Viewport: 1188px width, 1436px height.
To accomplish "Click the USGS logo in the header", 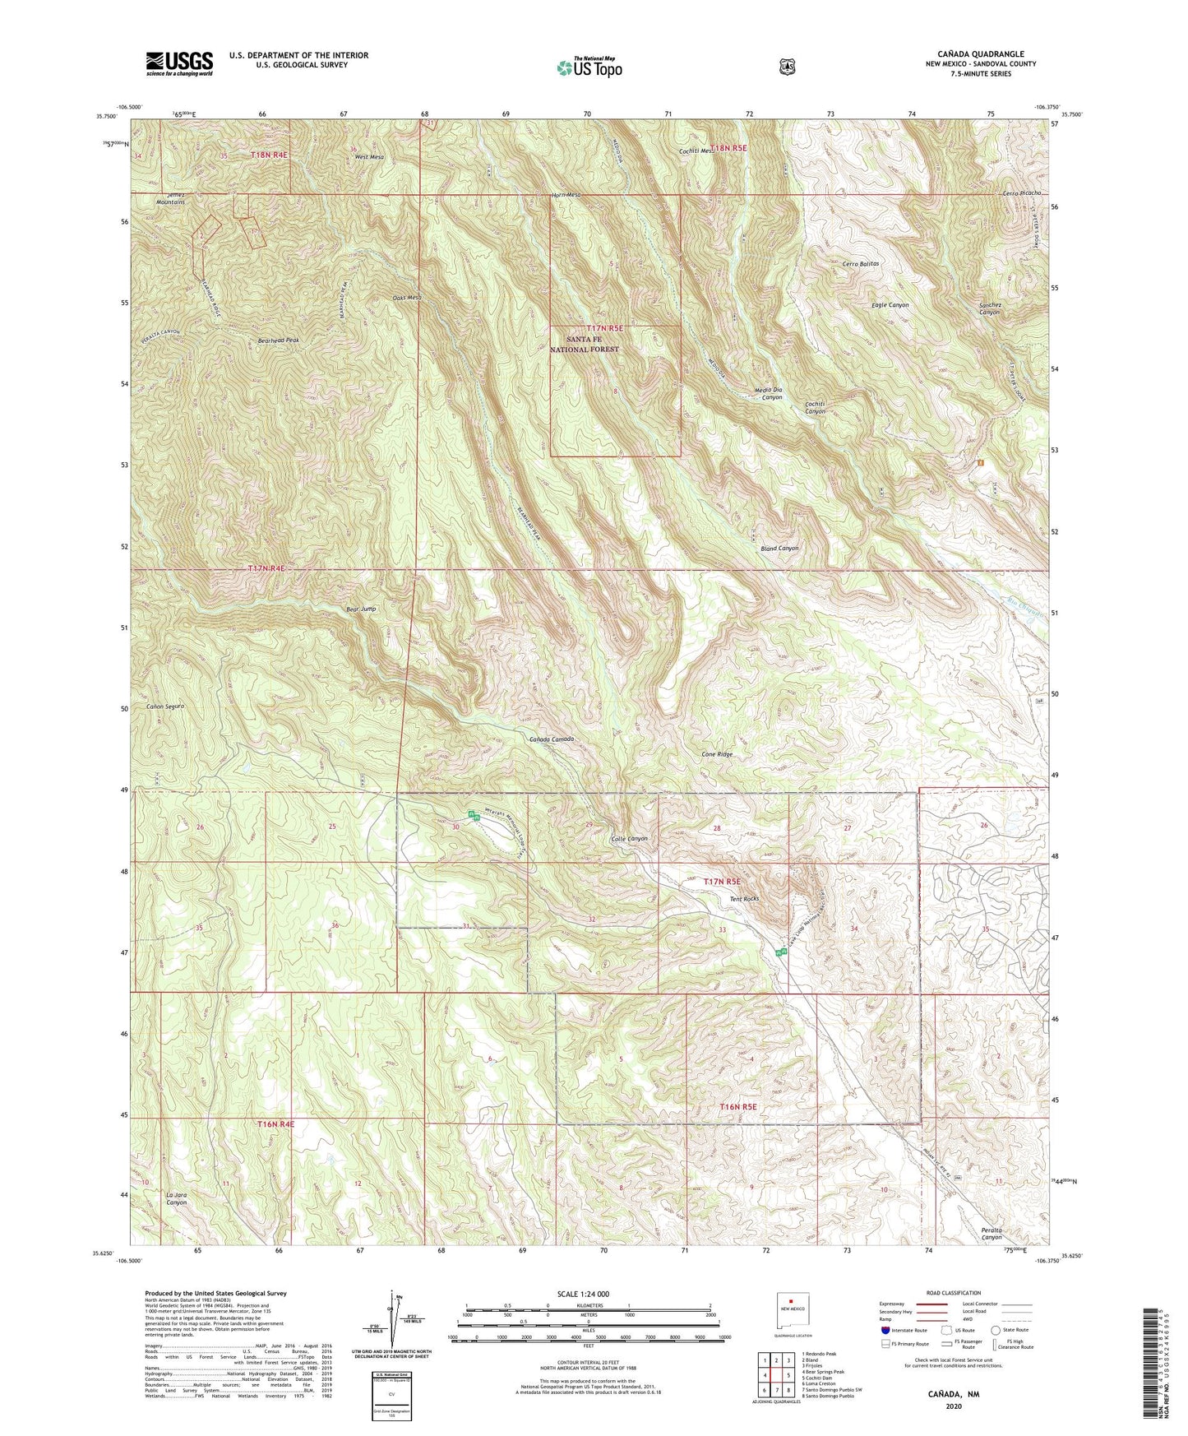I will [x=179, y=63].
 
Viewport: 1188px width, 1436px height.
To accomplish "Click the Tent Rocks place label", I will [x=744, y=899].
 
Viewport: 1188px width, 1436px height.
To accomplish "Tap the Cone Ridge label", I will [x=716, y=754].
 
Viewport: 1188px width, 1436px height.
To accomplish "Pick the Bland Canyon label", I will [x=779, y=548].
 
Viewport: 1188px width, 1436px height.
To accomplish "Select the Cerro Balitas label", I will [x=861, y=264].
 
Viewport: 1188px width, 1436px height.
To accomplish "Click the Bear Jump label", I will [x=361, y=609].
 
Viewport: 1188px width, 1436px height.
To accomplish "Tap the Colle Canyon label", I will [x=630, y=839].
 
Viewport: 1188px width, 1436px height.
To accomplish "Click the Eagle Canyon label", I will [x=890, y=305].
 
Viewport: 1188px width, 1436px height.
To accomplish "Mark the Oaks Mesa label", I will [x=407, y=298].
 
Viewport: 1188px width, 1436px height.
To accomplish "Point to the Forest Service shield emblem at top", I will [x=787, y=67].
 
